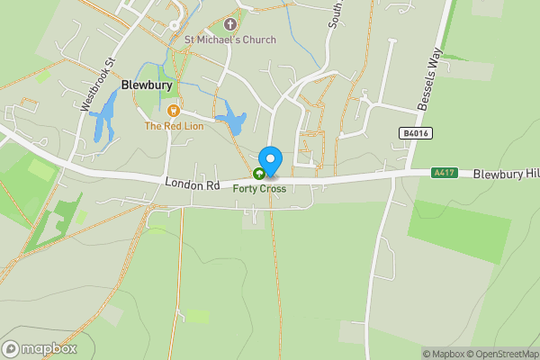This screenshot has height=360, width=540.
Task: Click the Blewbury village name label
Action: coord(143,87)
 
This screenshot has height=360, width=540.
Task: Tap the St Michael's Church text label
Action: coord(230,40)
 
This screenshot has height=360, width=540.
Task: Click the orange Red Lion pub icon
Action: coord(174,111)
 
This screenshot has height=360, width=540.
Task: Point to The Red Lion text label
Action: coord(174,126)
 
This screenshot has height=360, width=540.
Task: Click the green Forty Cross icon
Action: coord(259,175)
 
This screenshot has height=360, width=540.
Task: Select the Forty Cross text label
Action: coord(259,189)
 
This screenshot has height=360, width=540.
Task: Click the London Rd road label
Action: coord(193,184)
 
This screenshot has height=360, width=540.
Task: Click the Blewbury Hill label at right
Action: coord(506,172)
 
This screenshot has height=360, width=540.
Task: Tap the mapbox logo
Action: coord(40,348)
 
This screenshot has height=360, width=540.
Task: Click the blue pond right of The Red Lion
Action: coord(232,121)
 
